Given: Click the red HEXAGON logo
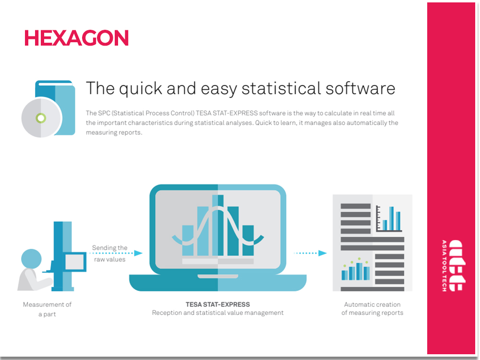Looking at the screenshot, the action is pyautogui.click(x=76, y=38).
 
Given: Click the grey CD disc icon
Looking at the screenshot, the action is pyautogui.click(x=42, y=118).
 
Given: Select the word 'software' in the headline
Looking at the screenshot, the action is pyautogui.click(x=360, y=88).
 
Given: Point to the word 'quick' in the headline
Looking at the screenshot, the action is pyautogui.click(x=141, y=89).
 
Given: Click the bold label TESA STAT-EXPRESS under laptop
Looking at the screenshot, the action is pyautogui.click(x=217, y=305).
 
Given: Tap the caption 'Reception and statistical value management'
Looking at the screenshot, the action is pyautogui.click(x=217, y=313).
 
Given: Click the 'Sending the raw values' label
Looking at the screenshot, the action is pyautogui.click(x=109, y=253).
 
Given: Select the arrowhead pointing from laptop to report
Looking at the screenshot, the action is pyautogui.click(x=323, y=253).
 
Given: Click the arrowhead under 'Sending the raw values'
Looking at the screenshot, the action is pyautogui.click(x=138, y=253).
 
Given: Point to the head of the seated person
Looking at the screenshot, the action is pyautogui.click(x=31, y=259).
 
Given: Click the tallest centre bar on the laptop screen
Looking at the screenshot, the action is pyautogui.click(x=217, y=225).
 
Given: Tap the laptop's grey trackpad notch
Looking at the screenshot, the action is pyautogui.click(x=217, y=276).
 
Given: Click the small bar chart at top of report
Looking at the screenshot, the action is pyautogui.click(x=388, y=218).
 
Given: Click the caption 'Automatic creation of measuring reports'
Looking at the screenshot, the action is pyautogui.click(x=372, y=309).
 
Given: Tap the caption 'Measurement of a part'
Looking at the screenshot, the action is pyautogui.click(x=47, y=309).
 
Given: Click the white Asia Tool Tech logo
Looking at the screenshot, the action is pyautogui.click(x=454, y=265).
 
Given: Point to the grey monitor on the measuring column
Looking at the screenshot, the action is pyautogui.click(x=74, y=262).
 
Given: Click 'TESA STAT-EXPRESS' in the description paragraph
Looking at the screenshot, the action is pyautogui.click(x=227, y=113).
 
